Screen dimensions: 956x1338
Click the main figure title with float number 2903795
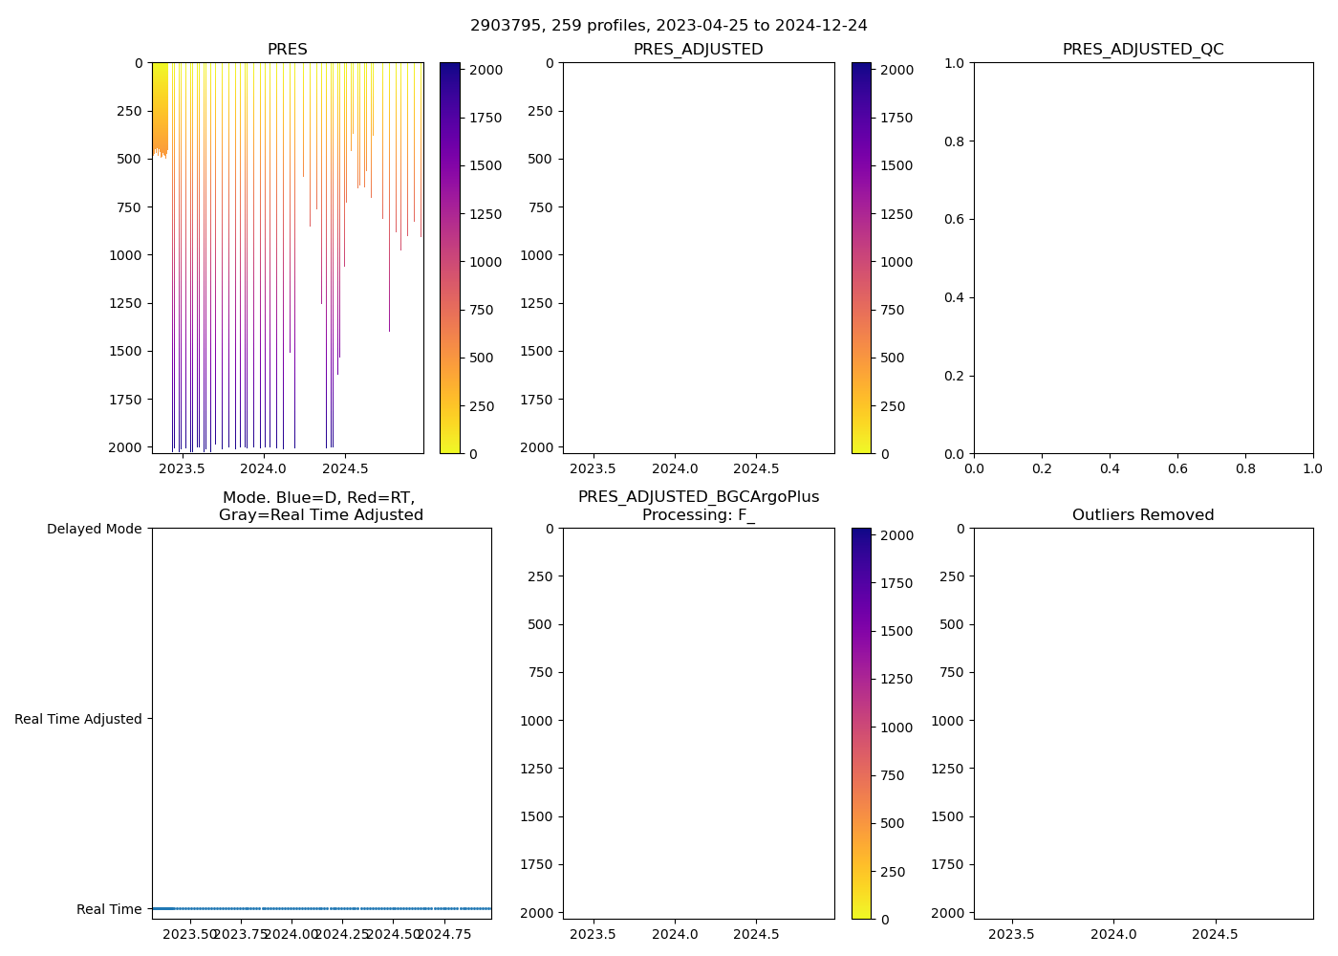[669, 26]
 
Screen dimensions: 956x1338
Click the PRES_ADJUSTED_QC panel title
[1143, 50]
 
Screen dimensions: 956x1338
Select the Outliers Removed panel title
[1143, 515]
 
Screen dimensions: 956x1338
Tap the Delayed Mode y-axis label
[94, 529]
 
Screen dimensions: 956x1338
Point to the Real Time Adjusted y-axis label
[78, 719]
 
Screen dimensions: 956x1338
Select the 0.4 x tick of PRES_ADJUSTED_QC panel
[1110, 469]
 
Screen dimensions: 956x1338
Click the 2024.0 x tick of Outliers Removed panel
[1113, 935]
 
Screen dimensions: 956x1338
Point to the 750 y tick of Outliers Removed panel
[952, 672]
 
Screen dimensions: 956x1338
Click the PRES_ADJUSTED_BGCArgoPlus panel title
[699, 506]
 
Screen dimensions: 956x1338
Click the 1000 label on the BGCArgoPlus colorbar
[896, 728]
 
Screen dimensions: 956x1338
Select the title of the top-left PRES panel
[288, 50]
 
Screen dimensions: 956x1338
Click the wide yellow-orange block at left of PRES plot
[160, 105]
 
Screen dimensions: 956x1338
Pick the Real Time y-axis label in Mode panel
[109, 909]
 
